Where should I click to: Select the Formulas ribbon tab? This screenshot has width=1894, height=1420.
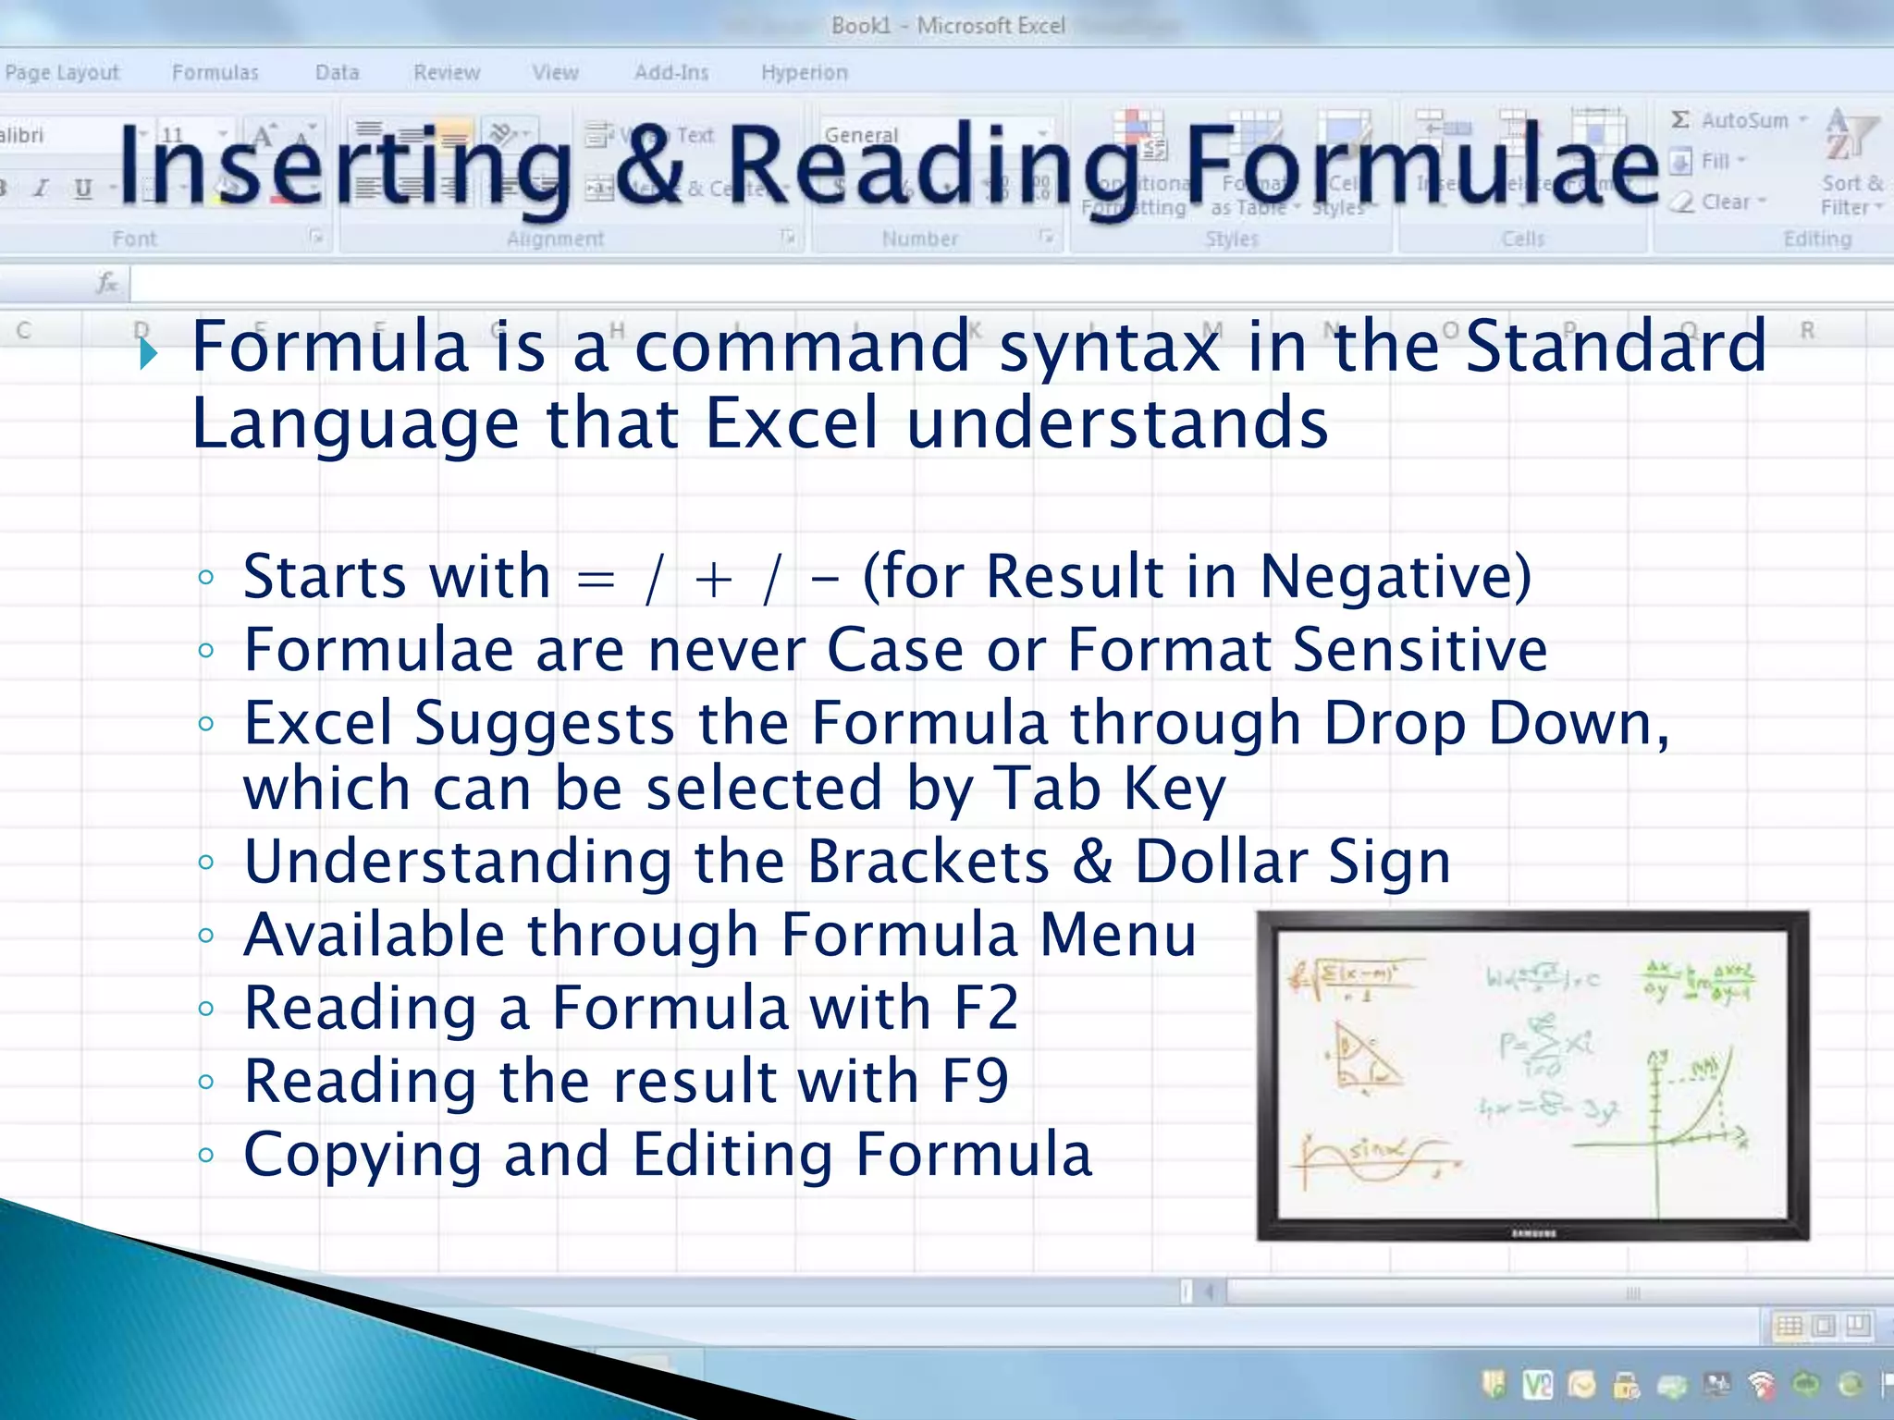[x=215, y=72]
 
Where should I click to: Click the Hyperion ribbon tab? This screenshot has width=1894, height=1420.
[x=804, y=72]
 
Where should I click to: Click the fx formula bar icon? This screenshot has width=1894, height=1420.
[x=107, y=282]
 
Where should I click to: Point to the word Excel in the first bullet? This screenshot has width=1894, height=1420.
[x=791, y=423]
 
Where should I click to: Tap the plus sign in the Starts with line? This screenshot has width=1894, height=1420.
[x=713, y=581]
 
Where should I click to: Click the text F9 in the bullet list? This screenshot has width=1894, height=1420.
[x=975, y=1081]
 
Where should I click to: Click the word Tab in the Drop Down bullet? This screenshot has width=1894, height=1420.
[x=1047, y=789]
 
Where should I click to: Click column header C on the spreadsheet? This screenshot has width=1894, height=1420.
[x=24, y=330]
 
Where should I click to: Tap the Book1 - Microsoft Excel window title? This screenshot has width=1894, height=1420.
[x=947, y=25]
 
